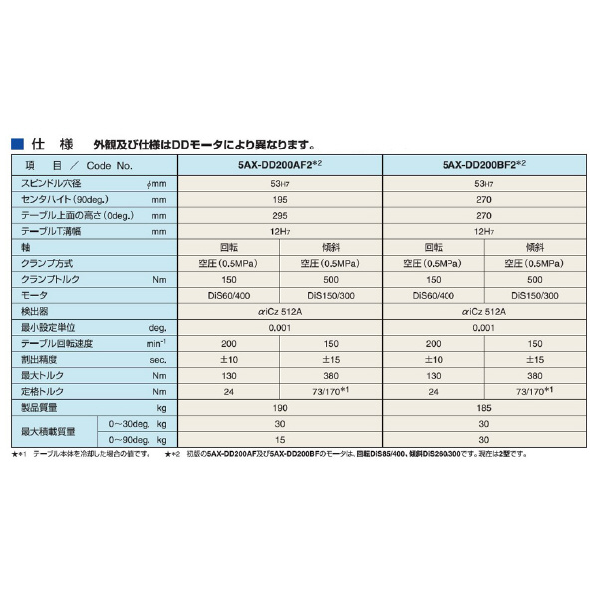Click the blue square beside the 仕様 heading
click(x=16, y=144)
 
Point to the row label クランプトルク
click(x=49, y=280)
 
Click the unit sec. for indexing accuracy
click(x=156, y=359)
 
